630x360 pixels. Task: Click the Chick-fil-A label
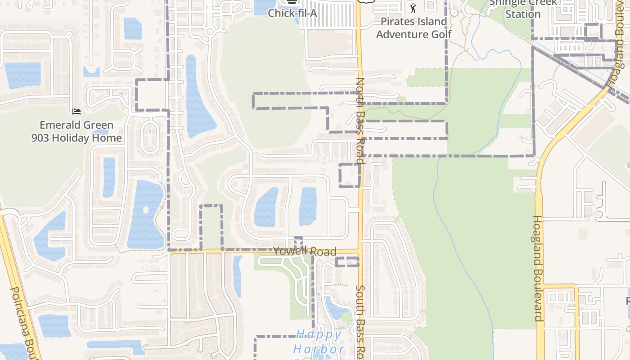click(292, 13)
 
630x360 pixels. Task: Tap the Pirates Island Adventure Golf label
click(414, 28)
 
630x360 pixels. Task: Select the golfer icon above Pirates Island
click(414, 8)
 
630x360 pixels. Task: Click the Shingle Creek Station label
click(522, 9)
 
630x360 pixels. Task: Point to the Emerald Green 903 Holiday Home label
click(76, 131)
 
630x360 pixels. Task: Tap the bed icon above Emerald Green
click(76, 111)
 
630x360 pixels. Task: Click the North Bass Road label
click(360, 120)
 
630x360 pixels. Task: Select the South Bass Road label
click(360, 322)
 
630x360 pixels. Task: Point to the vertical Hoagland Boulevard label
click(538, 268)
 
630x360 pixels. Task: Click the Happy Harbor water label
click(319, 342)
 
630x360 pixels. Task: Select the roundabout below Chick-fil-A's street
click(209, 31)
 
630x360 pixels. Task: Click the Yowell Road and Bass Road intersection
click(360, 250)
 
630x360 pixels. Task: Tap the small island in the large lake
click(145, 210)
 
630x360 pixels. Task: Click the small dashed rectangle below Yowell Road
click(347, 262)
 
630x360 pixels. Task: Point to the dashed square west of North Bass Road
click(350, 175)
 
